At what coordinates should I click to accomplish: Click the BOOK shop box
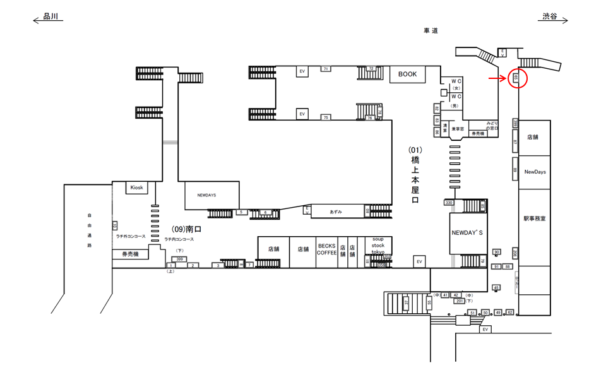point(407,75)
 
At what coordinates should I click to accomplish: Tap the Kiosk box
point(137,188)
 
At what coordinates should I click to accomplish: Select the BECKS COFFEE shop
point(326,249)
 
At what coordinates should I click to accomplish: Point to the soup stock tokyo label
point(377,246)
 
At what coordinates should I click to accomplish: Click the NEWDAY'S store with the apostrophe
point(467,233)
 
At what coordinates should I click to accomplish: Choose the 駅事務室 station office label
point(534,218)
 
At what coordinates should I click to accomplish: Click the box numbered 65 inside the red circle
point(516,78)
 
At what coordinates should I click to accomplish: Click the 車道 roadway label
point(431,30)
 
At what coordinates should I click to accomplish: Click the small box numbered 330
point(449,203)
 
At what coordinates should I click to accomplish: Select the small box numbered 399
point(179,259)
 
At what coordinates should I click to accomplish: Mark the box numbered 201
point(460,301)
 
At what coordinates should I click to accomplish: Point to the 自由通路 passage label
point(90,230)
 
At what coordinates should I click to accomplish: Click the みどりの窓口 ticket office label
point(492,125)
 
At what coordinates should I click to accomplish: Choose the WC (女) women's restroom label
point(456,84)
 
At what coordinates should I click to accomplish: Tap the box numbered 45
point(496,288)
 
